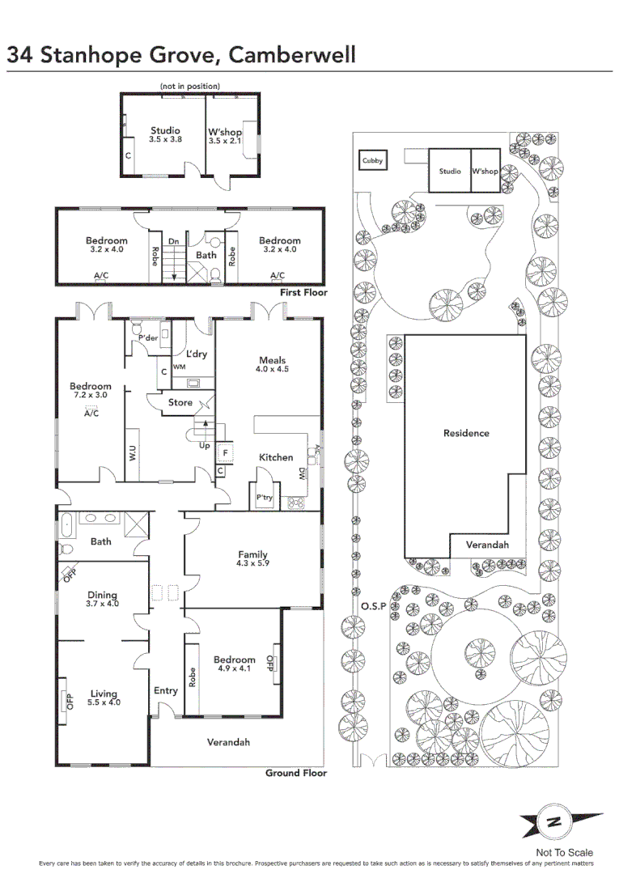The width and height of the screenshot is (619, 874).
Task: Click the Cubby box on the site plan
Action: tap(373, 161)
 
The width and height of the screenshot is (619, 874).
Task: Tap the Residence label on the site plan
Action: tap(466, 433)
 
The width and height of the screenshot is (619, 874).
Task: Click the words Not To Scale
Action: tap(564, 852)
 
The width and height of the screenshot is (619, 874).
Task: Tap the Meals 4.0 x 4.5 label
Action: tap(273, 364)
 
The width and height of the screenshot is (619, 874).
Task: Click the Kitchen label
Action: tap(276, 457)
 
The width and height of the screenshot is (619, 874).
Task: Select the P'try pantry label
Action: tap(264, 497)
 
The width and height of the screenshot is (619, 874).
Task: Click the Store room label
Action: tap(180, 402)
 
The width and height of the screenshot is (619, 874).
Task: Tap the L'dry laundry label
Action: tap(197, 354)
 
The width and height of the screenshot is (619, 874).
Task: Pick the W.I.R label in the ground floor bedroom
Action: tap(133, 453)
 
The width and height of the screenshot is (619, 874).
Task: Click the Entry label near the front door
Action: tap(165, 690)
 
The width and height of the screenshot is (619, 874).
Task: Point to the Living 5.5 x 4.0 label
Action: tap(104, 698)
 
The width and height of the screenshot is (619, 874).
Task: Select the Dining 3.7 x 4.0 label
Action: tap(103, 598)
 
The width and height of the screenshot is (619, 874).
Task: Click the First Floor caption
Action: tap(303, 292)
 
